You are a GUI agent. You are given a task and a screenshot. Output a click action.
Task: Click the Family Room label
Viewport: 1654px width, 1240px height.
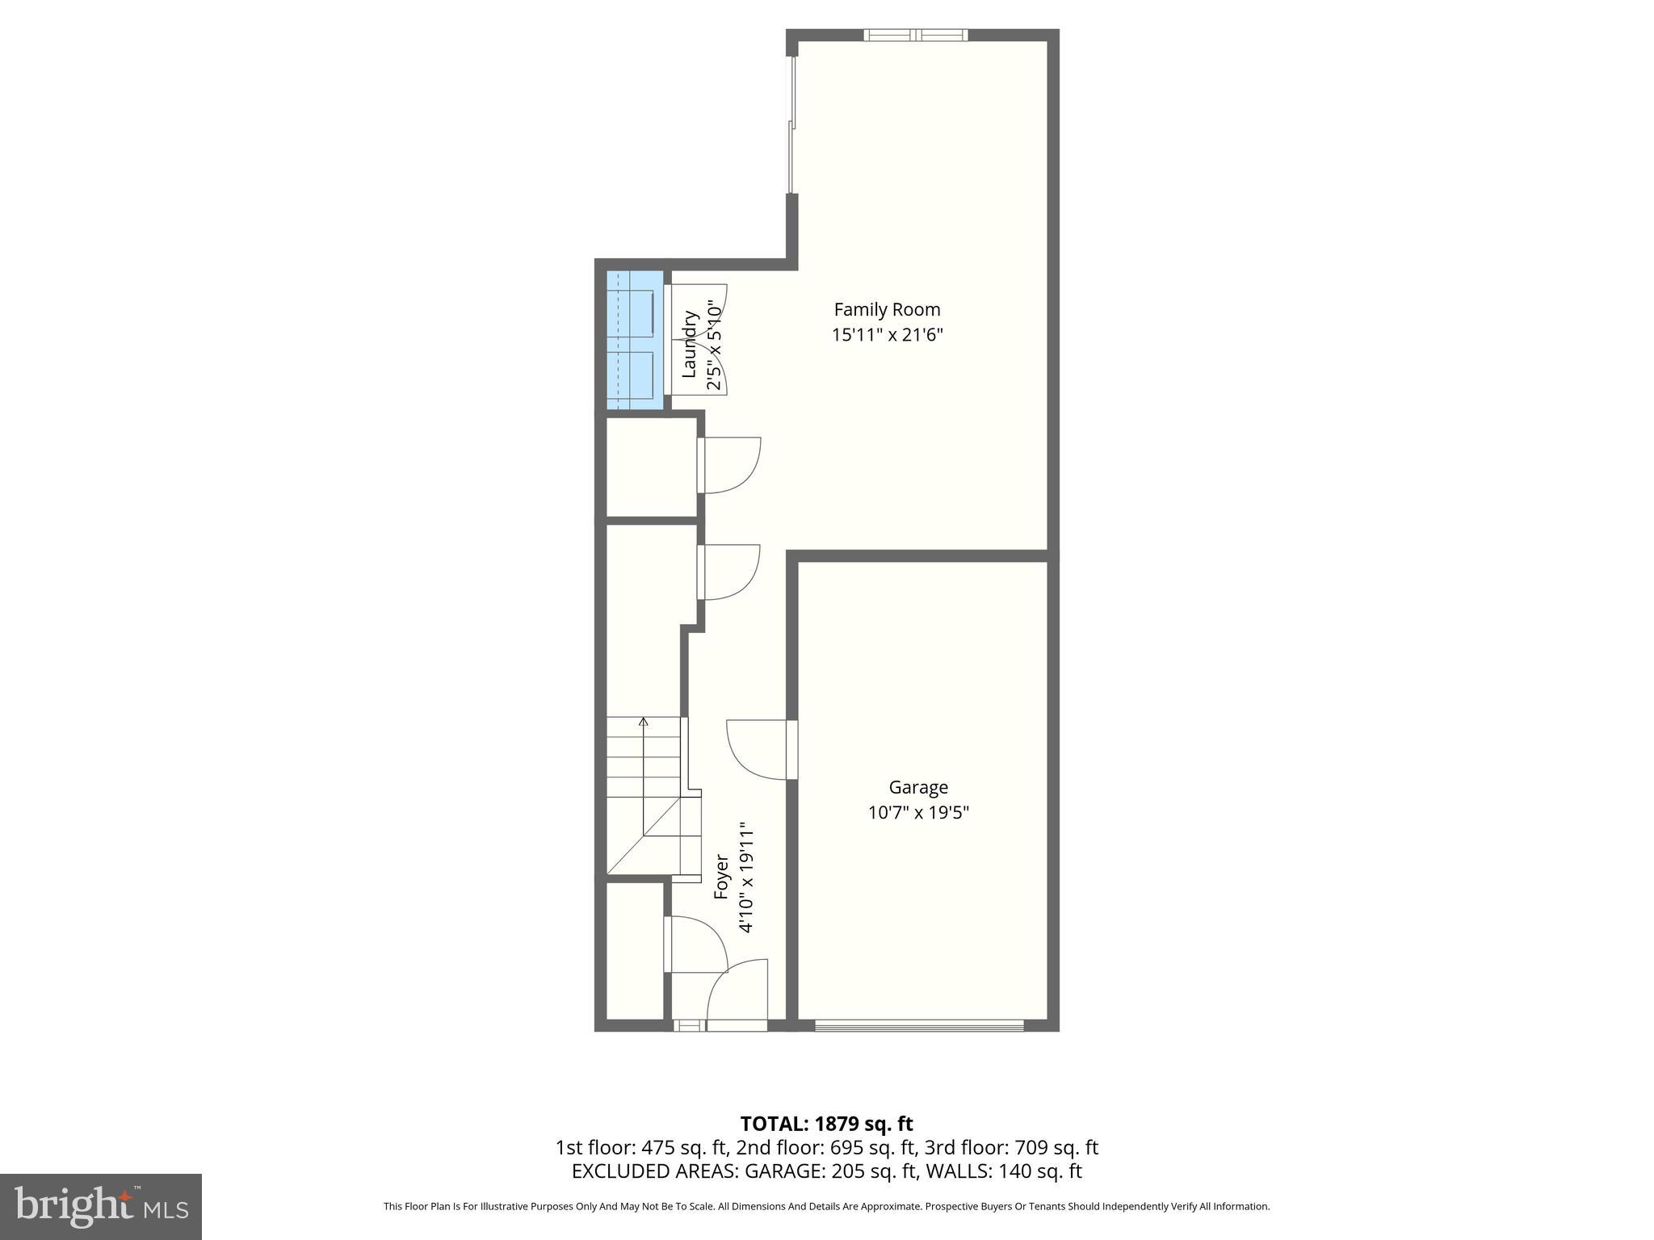887,309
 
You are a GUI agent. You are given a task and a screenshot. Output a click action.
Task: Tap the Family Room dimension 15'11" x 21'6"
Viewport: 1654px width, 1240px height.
887,335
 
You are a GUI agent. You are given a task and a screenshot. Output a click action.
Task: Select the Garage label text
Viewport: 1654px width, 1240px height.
918,787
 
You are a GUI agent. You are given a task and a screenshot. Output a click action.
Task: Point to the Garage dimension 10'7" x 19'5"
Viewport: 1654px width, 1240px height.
918,812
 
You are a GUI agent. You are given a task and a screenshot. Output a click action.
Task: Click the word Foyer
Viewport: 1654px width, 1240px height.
722,878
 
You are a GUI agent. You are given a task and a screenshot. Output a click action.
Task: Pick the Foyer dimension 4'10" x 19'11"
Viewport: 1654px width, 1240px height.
747,878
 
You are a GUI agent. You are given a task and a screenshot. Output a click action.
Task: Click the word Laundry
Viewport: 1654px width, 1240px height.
690,345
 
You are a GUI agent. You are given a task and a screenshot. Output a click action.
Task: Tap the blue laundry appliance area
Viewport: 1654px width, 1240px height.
635,340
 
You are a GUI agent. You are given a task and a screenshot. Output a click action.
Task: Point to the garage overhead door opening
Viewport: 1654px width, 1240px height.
919,1025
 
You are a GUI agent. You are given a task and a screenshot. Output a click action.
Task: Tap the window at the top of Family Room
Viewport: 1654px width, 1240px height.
916,35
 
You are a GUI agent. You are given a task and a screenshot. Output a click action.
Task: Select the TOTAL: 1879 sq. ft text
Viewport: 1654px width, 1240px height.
826,1124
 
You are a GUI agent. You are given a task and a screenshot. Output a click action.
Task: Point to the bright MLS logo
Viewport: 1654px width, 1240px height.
101,1206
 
